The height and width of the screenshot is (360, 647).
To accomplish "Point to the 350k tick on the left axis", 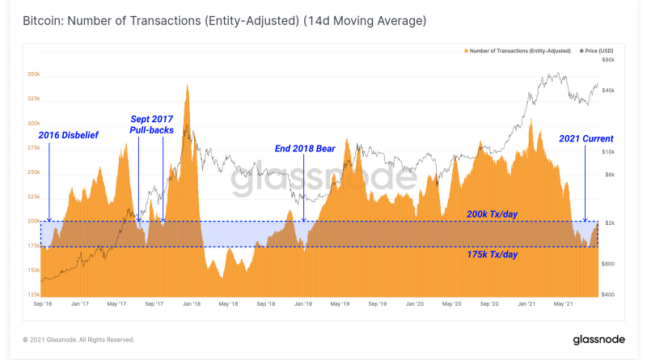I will pos(34,74).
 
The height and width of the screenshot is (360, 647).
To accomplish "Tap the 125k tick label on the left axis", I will pos(34,294).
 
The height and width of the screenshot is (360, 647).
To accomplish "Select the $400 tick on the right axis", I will pos(609,294).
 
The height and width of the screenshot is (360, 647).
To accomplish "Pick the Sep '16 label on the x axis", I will pos(43,305).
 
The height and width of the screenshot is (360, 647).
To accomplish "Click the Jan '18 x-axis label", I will pos(192,305).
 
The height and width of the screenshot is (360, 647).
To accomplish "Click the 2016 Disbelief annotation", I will pos(69,135).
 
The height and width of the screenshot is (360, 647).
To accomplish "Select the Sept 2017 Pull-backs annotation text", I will pos(151,124).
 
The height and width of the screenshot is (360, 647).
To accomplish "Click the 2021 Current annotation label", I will pos(586,138).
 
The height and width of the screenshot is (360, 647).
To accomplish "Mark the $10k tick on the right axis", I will pos(609,152).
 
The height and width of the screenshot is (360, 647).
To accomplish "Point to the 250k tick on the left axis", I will pos(34,172).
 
